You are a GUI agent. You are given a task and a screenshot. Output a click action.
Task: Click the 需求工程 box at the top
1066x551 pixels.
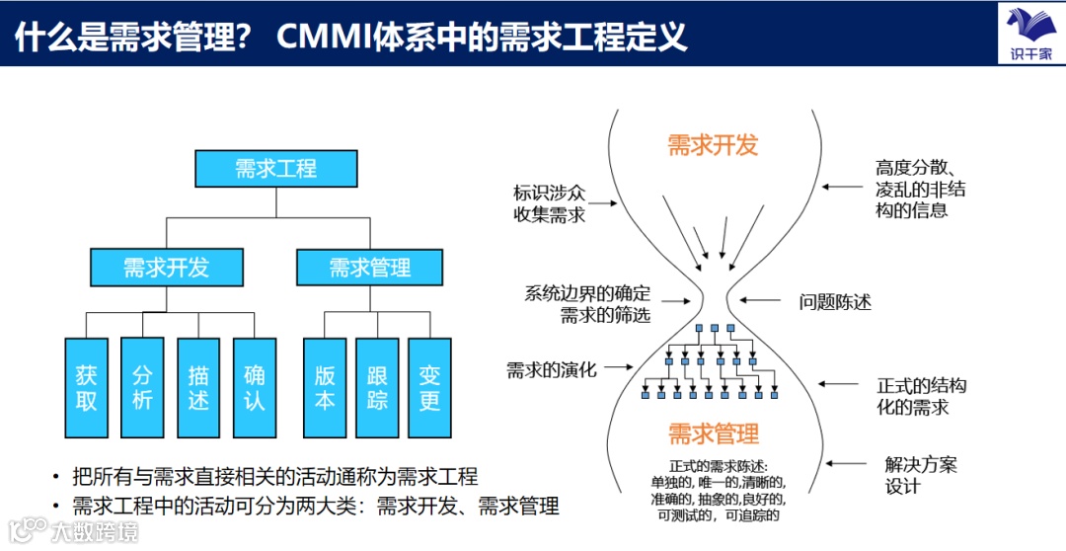pos(275,168)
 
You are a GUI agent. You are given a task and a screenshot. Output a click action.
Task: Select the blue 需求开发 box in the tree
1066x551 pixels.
pos(166,267)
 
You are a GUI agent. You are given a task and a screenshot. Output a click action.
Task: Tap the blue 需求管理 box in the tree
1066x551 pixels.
pos(369,267)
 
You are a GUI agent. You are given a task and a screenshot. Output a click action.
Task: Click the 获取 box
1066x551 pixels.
pos(87,388)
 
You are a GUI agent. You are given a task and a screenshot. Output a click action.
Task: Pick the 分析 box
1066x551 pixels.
pos(142,388)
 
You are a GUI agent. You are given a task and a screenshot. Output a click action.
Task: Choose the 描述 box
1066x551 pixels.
pos(198,388)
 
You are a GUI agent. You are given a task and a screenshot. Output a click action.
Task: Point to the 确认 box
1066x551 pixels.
pos(255,388)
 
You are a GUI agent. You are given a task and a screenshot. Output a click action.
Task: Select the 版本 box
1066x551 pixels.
pos(325,388)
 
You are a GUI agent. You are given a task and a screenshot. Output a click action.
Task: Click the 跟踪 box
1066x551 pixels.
pos(377,388)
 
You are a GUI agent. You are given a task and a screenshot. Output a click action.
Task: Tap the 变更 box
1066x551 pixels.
pos(429,388)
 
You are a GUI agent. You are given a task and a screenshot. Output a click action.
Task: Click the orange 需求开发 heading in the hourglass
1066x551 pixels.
pos(713,145)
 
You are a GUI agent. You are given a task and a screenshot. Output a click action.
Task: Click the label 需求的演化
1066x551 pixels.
pos(552,369)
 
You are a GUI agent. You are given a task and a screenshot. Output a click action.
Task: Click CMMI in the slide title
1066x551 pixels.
pos(325,37)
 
